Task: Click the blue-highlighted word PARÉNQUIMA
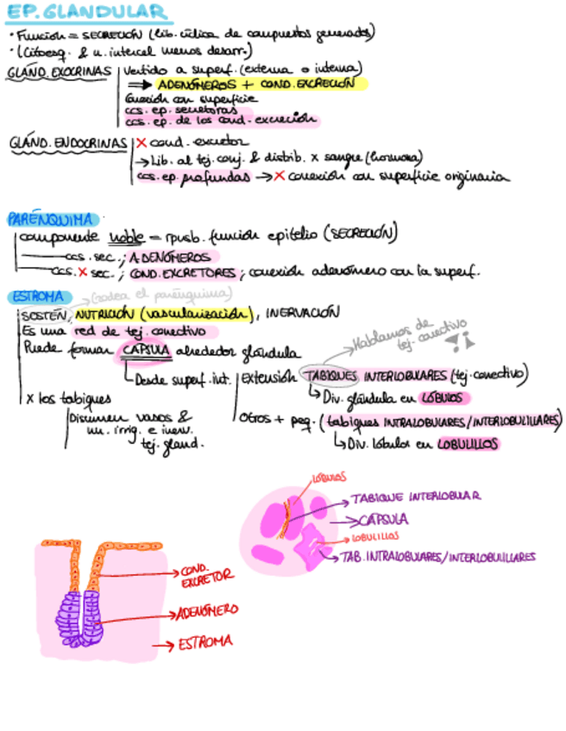(51, 219)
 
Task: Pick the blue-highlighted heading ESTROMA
(35, 297)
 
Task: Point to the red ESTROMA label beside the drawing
(204, 642)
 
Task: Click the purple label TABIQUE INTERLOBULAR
(415, 497)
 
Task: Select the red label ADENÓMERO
(207, 611)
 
